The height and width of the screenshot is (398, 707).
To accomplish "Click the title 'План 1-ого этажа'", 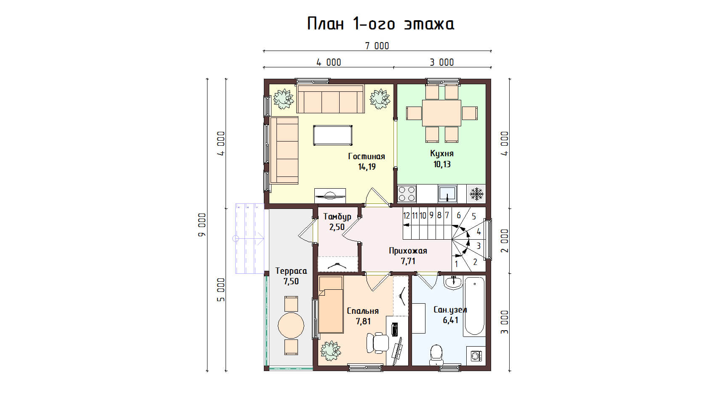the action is click(x=380, y=24).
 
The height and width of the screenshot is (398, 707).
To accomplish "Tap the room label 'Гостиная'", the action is click(x=367, y=156).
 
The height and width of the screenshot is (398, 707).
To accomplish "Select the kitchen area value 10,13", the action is click(x=442, y=164).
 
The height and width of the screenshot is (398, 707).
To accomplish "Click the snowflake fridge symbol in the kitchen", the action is click(x=476, y=194).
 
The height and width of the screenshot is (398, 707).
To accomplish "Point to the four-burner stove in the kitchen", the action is click(x=407, y=194).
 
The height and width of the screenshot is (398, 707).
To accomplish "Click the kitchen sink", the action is click(x=447, y=194).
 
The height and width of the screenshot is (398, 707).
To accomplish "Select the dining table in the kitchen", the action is click(x=441, y=113).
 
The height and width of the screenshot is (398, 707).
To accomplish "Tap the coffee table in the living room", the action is click(x=332, y=135).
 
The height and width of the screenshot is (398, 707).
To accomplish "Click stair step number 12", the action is click(x=406, y=216).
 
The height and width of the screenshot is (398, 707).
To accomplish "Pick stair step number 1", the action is click(x=456, y=264).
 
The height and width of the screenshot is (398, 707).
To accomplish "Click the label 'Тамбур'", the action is click(x=337, y=217).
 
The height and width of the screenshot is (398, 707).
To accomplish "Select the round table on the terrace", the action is click(x=291, y=325).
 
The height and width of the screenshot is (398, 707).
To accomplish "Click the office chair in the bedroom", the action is click(x=377, y=342).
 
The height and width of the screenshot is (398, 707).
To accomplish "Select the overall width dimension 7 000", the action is click(x=377, y=46).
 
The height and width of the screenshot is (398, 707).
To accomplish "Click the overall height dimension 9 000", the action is click(x=202, y=225).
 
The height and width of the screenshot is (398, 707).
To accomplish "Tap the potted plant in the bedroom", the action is click(x=330, y=350).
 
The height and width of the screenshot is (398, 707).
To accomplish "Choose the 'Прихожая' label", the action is click(x=408, y=251).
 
